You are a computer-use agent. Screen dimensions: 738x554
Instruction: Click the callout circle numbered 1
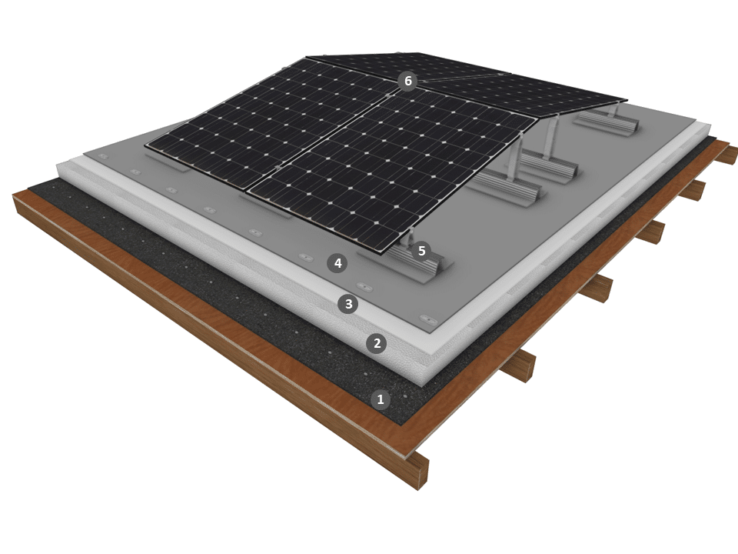pos(381,399)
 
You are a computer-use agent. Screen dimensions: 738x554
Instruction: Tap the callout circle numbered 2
pos(377,343)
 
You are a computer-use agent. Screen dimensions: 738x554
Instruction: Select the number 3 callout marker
pos(348,304)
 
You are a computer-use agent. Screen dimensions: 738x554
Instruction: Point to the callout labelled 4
pos(337,263)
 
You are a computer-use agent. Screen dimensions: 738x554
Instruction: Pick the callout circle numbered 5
pos(421,251)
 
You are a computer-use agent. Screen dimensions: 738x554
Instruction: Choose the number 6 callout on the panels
pos(407,81)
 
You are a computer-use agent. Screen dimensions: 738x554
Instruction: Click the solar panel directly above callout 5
pos(391,169)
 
